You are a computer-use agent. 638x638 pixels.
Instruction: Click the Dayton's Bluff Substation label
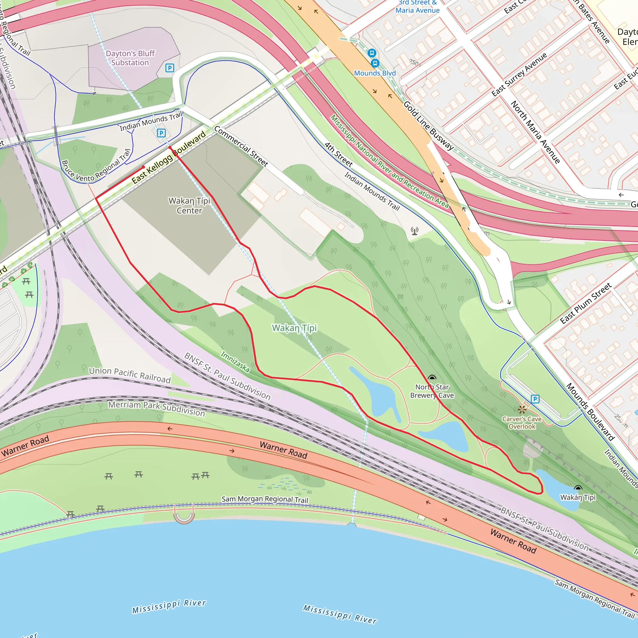tap(130, 58)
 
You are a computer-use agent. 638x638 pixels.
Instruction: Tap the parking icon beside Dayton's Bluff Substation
tap(169, 68)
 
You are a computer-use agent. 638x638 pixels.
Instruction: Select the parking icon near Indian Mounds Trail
tap(161, 133)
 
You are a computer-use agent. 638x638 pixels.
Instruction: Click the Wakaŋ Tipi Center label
tap(189, 205)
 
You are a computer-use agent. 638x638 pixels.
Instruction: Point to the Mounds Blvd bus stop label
tap(374, 73)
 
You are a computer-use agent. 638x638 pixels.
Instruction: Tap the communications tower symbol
tap(415, 231)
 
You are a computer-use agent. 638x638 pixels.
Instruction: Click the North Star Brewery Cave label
tap(432, 391)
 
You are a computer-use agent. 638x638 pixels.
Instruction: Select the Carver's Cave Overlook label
tap(522, 423)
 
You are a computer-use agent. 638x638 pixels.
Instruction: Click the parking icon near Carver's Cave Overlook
tap(535, 399)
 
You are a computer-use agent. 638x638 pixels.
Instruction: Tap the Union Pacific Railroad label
tap(130, 374)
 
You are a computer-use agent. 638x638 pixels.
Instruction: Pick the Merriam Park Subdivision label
tap(156, 408)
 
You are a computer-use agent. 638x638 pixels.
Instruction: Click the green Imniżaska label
tap(235, 362)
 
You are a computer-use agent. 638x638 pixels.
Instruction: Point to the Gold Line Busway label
tap(428, 126)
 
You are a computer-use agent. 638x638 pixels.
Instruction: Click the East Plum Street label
tap(586, 303)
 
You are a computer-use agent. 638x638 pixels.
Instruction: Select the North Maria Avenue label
tap(535, 132)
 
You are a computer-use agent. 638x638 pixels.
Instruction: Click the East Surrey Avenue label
tap(519, 75)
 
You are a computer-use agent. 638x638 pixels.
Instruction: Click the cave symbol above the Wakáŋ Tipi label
tap(578, 488)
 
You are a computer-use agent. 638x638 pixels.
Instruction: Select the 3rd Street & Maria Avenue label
tap(417, 7)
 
